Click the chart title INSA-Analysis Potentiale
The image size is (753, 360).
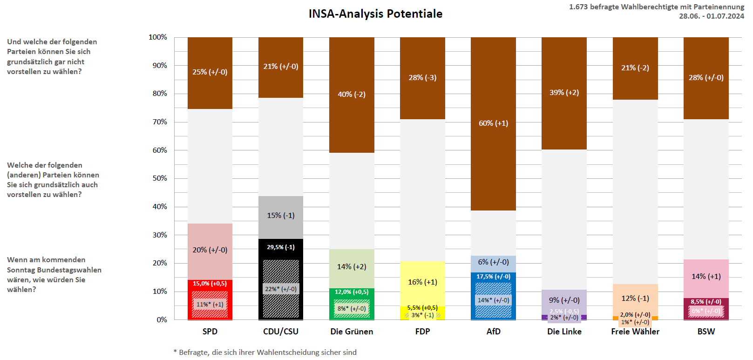click(375, 14)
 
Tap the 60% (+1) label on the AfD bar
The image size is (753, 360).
click(493, 123)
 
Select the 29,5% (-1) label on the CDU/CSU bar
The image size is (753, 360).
click(280, 247)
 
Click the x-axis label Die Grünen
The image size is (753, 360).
click(352, 332)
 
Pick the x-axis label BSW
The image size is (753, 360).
click(706, 332)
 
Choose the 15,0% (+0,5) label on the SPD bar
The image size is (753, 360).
click(210, 284)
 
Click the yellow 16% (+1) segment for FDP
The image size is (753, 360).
click(422, 282)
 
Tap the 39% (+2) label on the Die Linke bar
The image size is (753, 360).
click(564, 93)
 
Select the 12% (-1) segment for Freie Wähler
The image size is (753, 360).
click(635, 299)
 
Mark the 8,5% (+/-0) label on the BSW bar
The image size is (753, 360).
click(706, 302)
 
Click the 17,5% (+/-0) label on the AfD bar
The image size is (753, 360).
click(493, 277)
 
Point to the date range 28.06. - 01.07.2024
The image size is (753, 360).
click(711, 16)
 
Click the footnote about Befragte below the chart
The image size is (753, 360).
click(265, 353)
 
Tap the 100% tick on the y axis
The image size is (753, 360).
click(158, 37)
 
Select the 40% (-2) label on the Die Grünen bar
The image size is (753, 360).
click(352, 95)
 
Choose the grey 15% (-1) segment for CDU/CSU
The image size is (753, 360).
click(280, 216)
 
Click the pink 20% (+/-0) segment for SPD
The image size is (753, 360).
click(210, 250)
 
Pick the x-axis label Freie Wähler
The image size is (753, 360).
click(635, 332)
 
